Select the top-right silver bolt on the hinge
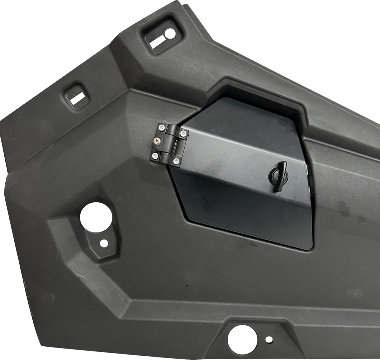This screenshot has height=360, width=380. pyautogui.click(x=183, y=133)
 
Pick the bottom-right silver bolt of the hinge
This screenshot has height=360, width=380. pyautogui.click(x=176, y=162)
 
